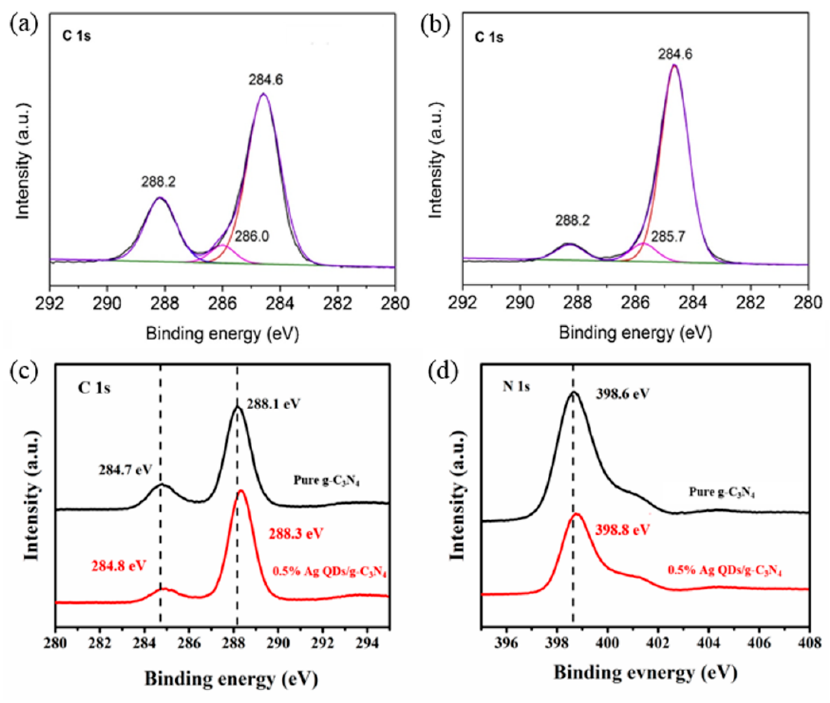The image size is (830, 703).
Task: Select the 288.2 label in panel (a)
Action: pyautogui.click(x=158, y=182)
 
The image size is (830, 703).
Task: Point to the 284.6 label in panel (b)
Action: pyautogui.click(x=675, y=53)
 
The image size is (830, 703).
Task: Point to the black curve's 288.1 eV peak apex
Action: pyautogui.click(x=237, y=407)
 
